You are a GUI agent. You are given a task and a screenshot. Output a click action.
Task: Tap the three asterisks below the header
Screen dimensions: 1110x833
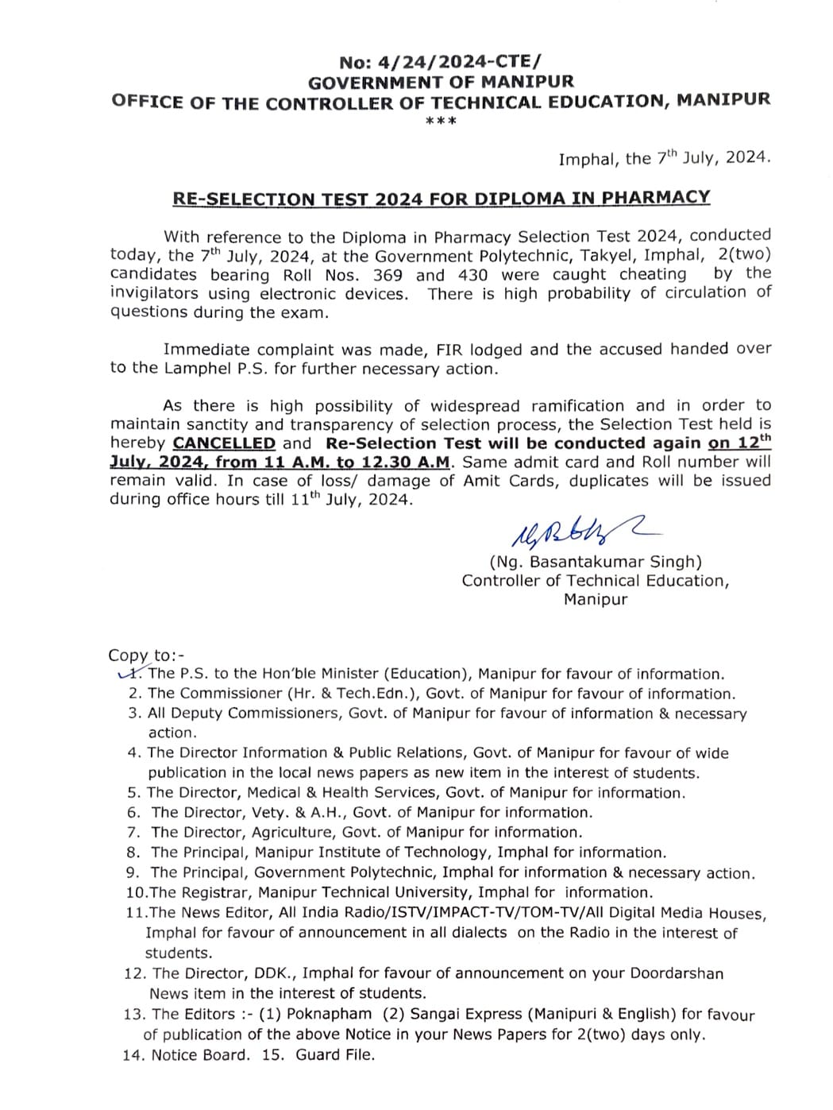click(x=441, y=122)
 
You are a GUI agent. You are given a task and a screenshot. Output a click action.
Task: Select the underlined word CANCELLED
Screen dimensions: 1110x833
click(x=224, y=443)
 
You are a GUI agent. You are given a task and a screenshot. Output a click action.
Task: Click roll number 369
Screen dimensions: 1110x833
click(x=388, y=275)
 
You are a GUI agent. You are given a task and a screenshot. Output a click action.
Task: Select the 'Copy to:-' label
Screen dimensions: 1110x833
click(x=146, y=656)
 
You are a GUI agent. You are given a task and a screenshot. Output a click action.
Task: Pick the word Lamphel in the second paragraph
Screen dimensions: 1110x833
click(x=195, y=369)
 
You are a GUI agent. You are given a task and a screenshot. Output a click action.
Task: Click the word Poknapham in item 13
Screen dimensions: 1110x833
click(x=329, y=1014)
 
